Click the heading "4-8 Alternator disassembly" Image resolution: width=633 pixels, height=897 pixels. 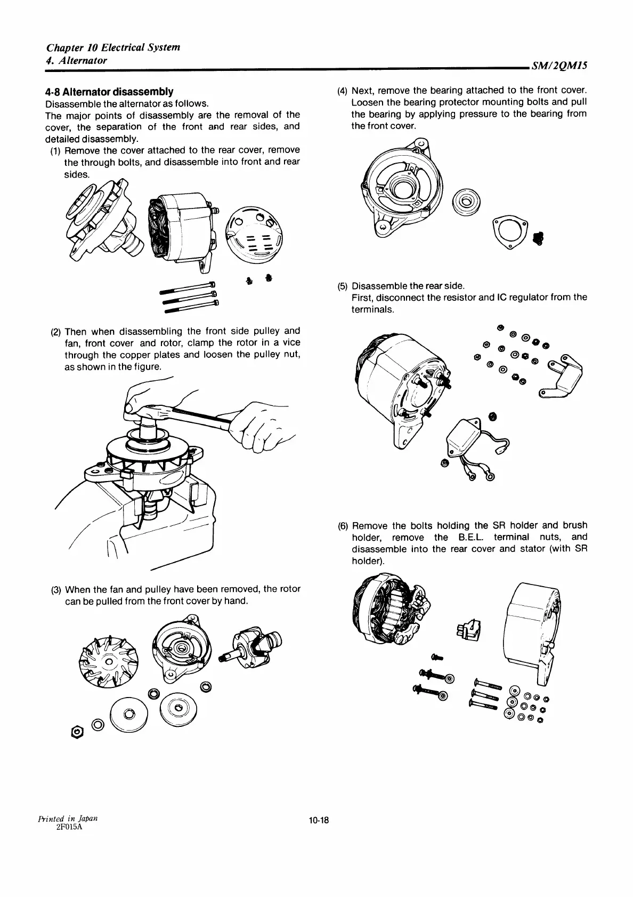click(x=109, y=91)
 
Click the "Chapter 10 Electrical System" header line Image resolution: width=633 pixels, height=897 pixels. click(x=113, y=47)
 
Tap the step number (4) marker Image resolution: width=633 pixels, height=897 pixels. click(x=343, y=90)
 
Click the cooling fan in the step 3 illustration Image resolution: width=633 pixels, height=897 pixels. click(x=109, y=661)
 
